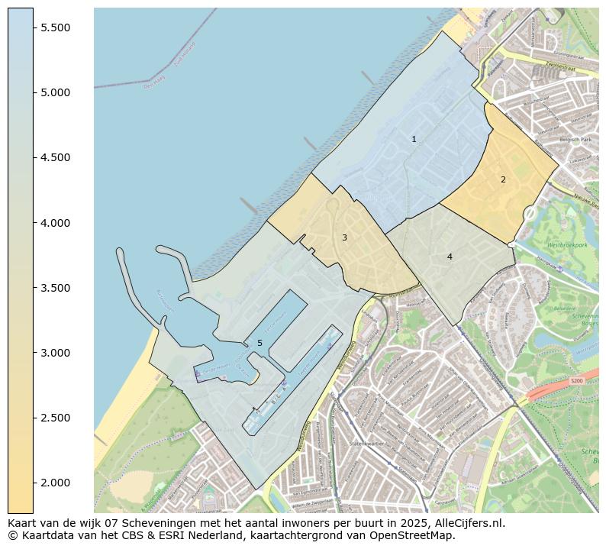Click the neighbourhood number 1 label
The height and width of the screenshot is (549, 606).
(x=414, y=139)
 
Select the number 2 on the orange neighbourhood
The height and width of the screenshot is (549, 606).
(x=503, y=179)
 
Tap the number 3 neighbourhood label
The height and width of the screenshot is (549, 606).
(x=344, y=237)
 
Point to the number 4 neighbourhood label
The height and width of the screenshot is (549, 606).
(x=450, y=257)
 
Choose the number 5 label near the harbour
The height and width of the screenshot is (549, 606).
(x=259, y=343)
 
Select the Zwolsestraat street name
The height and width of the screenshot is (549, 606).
(x=562, y=65)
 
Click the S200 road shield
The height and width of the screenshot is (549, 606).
(x=576, y=380)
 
